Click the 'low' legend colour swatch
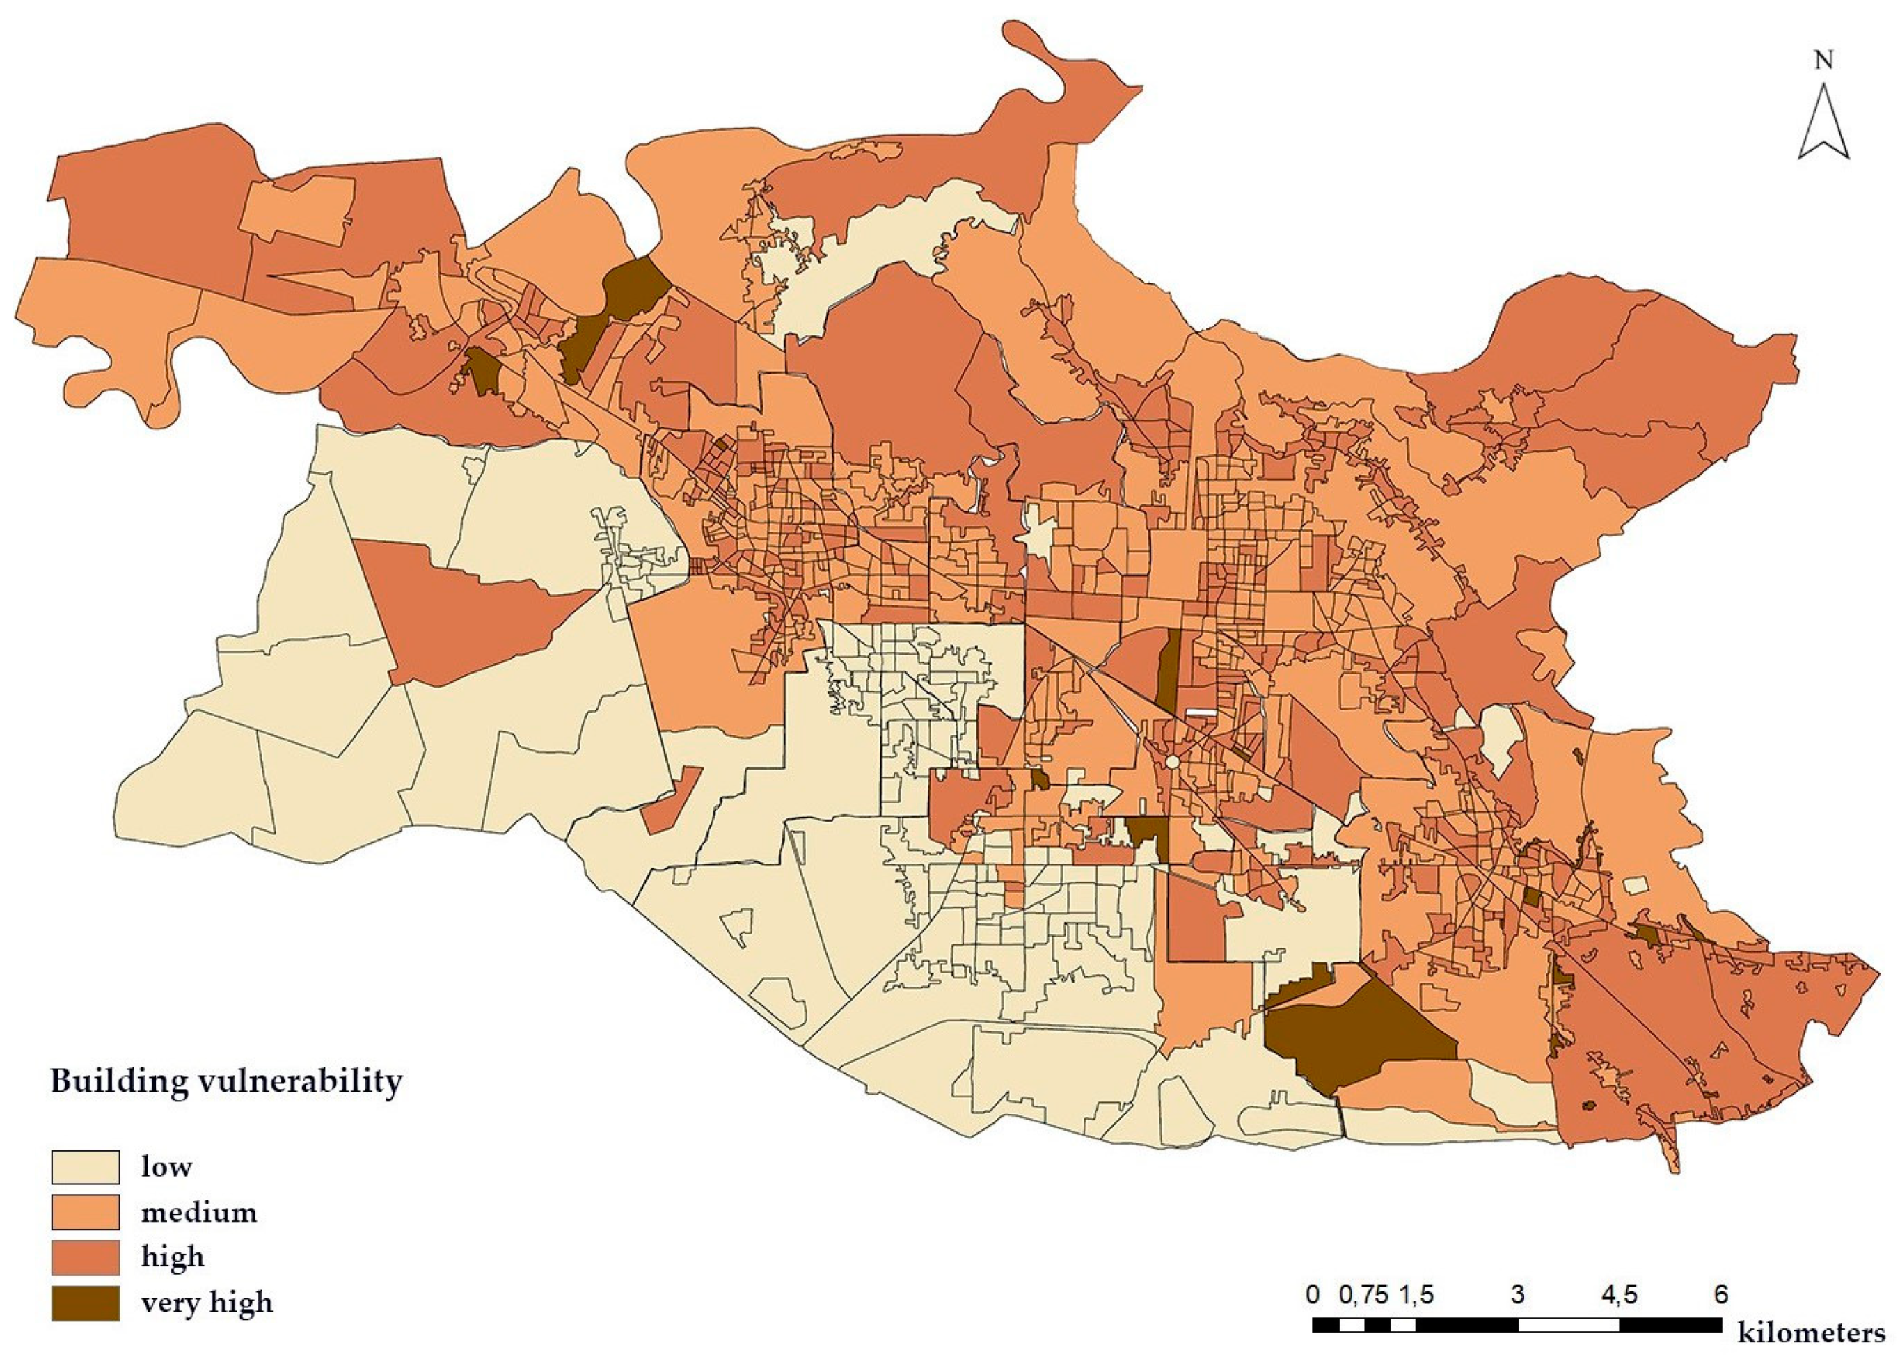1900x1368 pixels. (x=85, y=1166)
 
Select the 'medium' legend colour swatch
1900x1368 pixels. (x=85, y=1211)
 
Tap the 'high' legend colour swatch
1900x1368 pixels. (x=85, y=1257)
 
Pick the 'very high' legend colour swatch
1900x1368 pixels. (x=85, y=1303)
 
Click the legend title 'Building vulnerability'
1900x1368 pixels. (x=226, y=1081)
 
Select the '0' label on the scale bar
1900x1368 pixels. (x=1313, y=1294)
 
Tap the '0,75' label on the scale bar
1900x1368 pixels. (x=1362, y=1294)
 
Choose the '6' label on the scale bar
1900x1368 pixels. (x=1720, y=1294)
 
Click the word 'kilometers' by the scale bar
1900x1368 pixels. (x=1810, y=1332)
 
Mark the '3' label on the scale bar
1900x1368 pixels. (x=1517, y=1294)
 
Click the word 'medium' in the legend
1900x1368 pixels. (x=198, y=1212)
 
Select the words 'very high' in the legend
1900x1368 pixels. (x=206, y=1303)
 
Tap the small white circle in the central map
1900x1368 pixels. (x=1172, y=763)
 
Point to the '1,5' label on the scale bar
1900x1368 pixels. (x=1415, y=1294)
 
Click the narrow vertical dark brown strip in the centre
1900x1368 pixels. (x=1169, y=670)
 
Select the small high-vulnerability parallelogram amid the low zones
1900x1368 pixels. (x=671, y=800)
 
